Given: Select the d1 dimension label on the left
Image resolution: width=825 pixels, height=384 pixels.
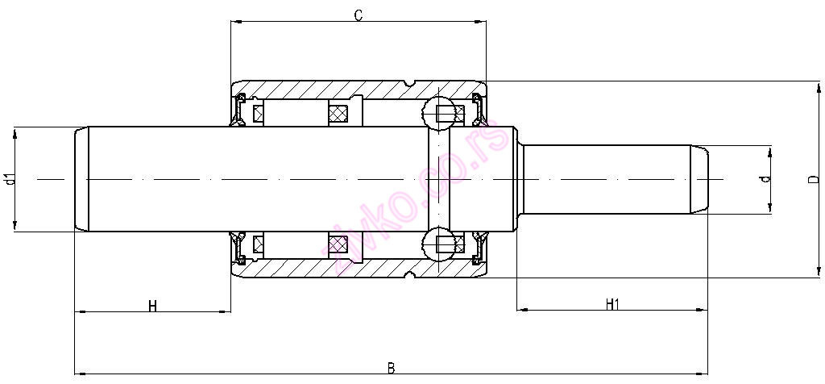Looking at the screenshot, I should (x=10, y=179).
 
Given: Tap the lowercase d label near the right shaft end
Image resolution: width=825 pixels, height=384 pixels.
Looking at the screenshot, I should (x=766, y=178).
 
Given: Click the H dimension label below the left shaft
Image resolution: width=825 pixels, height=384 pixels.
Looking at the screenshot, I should (x=152, y=305).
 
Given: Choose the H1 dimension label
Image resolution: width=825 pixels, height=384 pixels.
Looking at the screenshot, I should (x=612, y=304).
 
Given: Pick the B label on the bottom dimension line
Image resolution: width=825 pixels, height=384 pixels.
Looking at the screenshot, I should (x=391, y=368).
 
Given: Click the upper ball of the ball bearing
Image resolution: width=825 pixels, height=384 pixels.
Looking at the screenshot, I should (x=439, y=112).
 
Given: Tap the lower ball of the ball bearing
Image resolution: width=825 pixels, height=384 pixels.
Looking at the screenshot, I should (x=439, y=244).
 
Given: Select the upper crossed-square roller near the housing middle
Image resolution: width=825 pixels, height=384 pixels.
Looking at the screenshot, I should (x=338, y=115).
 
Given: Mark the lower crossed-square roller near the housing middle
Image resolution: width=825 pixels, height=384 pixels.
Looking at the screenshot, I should (x=338, y=242).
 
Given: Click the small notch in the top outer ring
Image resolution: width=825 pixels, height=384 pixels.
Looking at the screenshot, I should (x=411, y=83).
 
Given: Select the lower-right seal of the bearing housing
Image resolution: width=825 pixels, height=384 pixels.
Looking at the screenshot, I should (x=479, y=247).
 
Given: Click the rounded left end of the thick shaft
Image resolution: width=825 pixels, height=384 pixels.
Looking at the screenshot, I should (x=81, y=179).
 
